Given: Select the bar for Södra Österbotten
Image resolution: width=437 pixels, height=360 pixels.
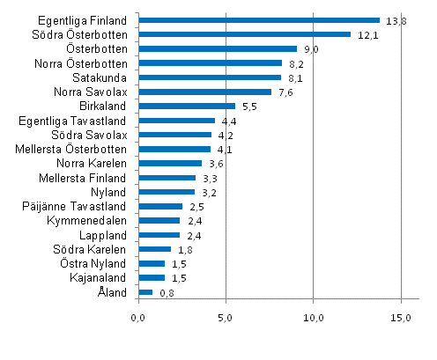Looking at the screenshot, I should click(244, 34).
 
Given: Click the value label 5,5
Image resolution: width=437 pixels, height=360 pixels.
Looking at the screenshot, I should click(249, 107).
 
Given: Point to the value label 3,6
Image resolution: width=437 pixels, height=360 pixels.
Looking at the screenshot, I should click(217, 164).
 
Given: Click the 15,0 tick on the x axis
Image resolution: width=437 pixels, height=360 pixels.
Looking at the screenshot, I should click(401, 316).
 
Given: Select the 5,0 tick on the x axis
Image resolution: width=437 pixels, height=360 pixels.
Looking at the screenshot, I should click(226, 316).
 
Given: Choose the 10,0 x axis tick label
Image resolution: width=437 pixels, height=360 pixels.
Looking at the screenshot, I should click(314, 316).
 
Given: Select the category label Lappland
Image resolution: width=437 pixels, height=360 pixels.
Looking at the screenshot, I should click(104, 235).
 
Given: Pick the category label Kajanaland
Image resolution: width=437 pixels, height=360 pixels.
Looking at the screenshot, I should click(100, 277).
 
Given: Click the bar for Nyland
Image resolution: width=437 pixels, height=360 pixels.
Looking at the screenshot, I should click(167, 192).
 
